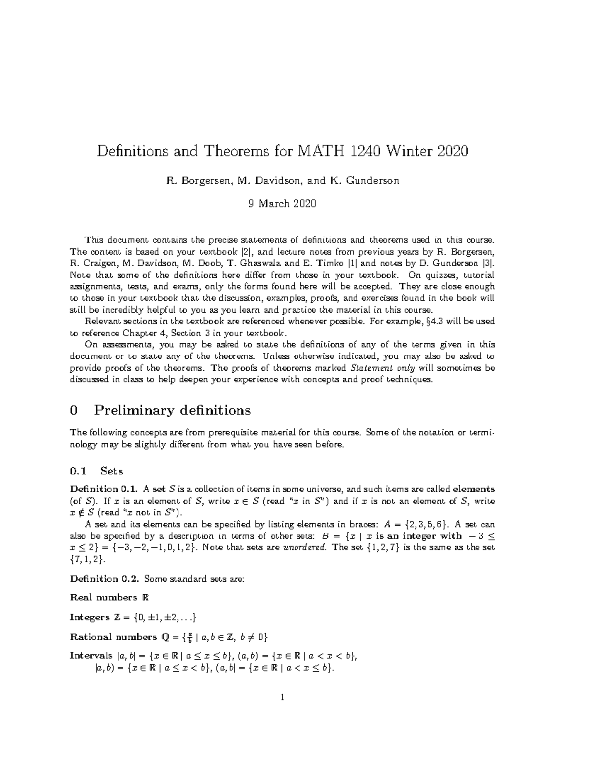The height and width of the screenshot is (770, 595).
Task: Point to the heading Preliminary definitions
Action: click(172, 411)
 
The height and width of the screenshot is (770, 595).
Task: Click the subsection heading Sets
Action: click(112, 471)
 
